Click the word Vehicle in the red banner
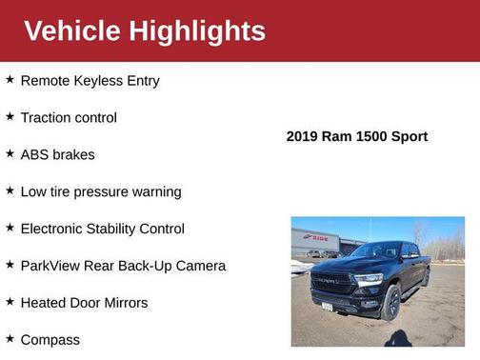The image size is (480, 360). point(72,31)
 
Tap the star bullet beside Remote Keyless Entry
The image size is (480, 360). point(10,80)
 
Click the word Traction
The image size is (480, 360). point(48,118)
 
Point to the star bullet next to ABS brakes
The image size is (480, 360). point(10,154)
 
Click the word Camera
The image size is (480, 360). point(199,266)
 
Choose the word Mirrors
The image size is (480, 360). point(124,303)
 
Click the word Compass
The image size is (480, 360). point(50,340)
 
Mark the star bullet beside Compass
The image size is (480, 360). point(10,339)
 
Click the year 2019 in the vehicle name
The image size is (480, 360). point(303,137)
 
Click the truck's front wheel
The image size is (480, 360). point(390,302)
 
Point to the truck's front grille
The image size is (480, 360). point(333,282)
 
